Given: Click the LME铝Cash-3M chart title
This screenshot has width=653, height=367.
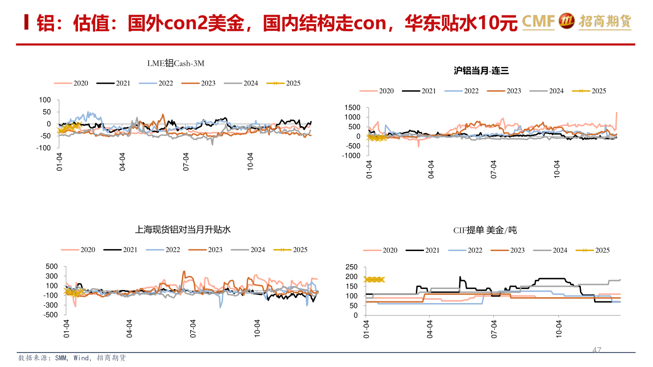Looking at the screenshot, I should pyautogui.click(x=175, y=63).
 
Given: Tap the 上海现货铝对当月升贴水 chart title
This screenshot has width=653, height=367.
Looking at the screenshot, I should pyautogui.click(x=183, y=230).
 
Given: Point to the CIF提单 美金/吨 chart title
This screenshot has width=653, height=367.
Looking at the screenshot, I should pyautogui.click(x=485, y=231).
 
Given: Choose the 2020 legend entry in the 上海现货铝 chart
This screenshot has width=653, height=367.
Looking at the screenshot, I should pyautogui.click(x=78, y=250).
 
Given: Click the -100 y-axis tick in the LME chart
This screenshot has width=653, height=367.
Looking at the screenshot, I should pyautogui.click(x=44, y=148).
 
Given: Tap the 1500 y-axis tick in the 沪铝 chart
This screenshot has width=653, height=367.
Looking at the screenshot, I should pyautogui.click(x=352, y=108).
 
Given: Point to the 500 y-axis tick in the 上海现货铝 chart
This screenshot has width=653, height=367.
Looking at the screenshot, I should pyautogui.click(x=51, y=266).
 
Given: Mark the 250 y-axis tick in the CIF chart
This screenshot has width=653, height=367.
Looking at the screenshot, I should pyautogui.click(x=352, y=267).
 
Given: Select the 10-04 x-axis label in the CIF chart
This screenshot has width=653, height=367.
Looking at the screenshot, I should pyautogui.click(x=559, y=329).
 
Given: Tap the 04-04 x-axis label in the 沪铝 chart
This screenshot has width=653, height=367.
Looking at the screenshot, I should pyautogui.click(x=431, y=169).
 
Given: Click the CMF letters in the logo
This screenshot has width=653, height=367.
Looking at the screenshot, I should pyautogui.click(x=538, y=21).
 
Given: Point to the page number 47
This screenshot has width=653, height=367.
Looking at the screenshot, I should pyautogui.click(x=597, y=350).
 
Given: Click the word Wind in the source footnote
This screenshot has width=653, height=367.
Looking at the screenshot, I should pyautogui.click(x=82, y=358).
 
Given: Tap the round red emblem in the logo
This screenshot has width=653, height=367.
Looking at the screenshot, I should pyautogui.click(x=567, y=21).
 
